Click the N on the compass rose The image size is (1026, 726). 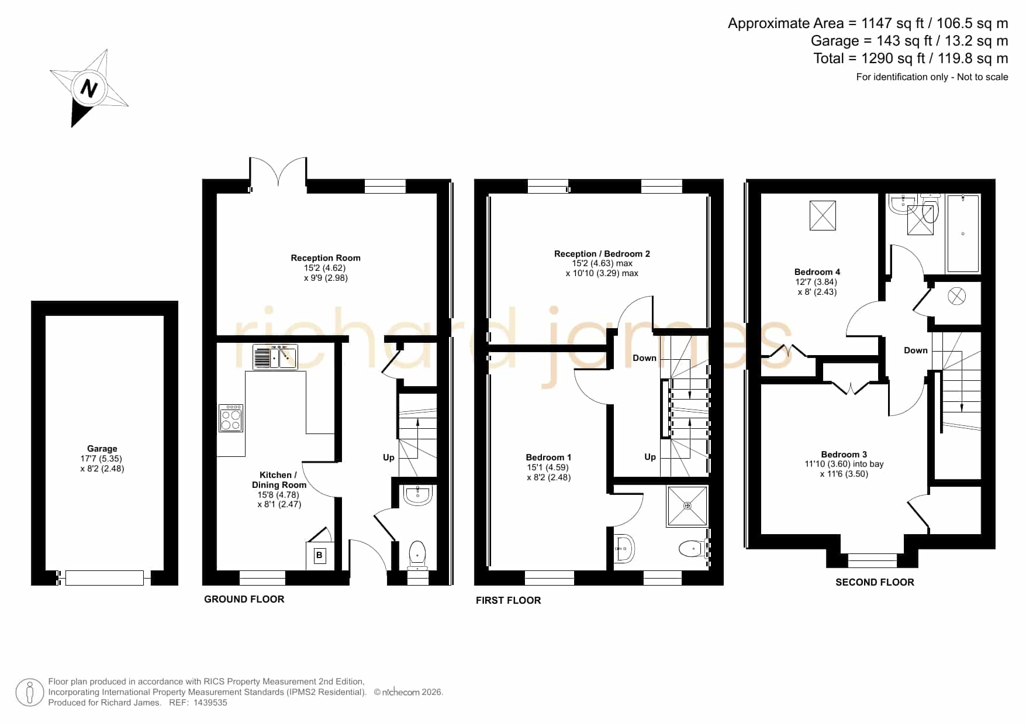[89, 89]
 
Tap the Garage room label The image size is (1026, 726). [102, 449]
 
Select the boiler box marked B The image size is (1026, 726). [319, 555]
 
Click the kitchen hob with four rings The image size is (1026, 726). [231, 418]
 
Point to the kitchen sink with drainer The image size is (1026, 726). [275, 357]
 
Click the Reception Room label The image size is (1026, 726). [326, 258]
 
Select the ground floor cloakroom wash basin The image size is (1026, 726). [417, 495]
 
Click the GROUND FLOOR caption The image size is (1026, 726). [244, 599]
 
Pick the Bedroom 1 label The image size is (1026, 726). [548, 457]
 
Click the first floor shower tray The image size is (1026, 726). [688, 505]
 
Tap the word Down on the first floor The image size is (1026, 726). [644, 358]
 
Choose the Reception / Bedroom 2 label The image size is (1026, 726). [602, 254]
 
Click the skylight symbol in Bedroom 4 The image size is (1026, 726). [823, 215]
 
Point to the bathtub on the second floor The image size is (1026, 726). [963, 233]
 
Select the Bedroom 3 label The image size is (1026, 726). [844, 455]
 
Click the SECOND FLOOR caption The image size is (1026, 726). [875, 582]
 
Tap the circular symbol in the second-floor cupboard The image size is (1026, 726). [956, 297]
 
